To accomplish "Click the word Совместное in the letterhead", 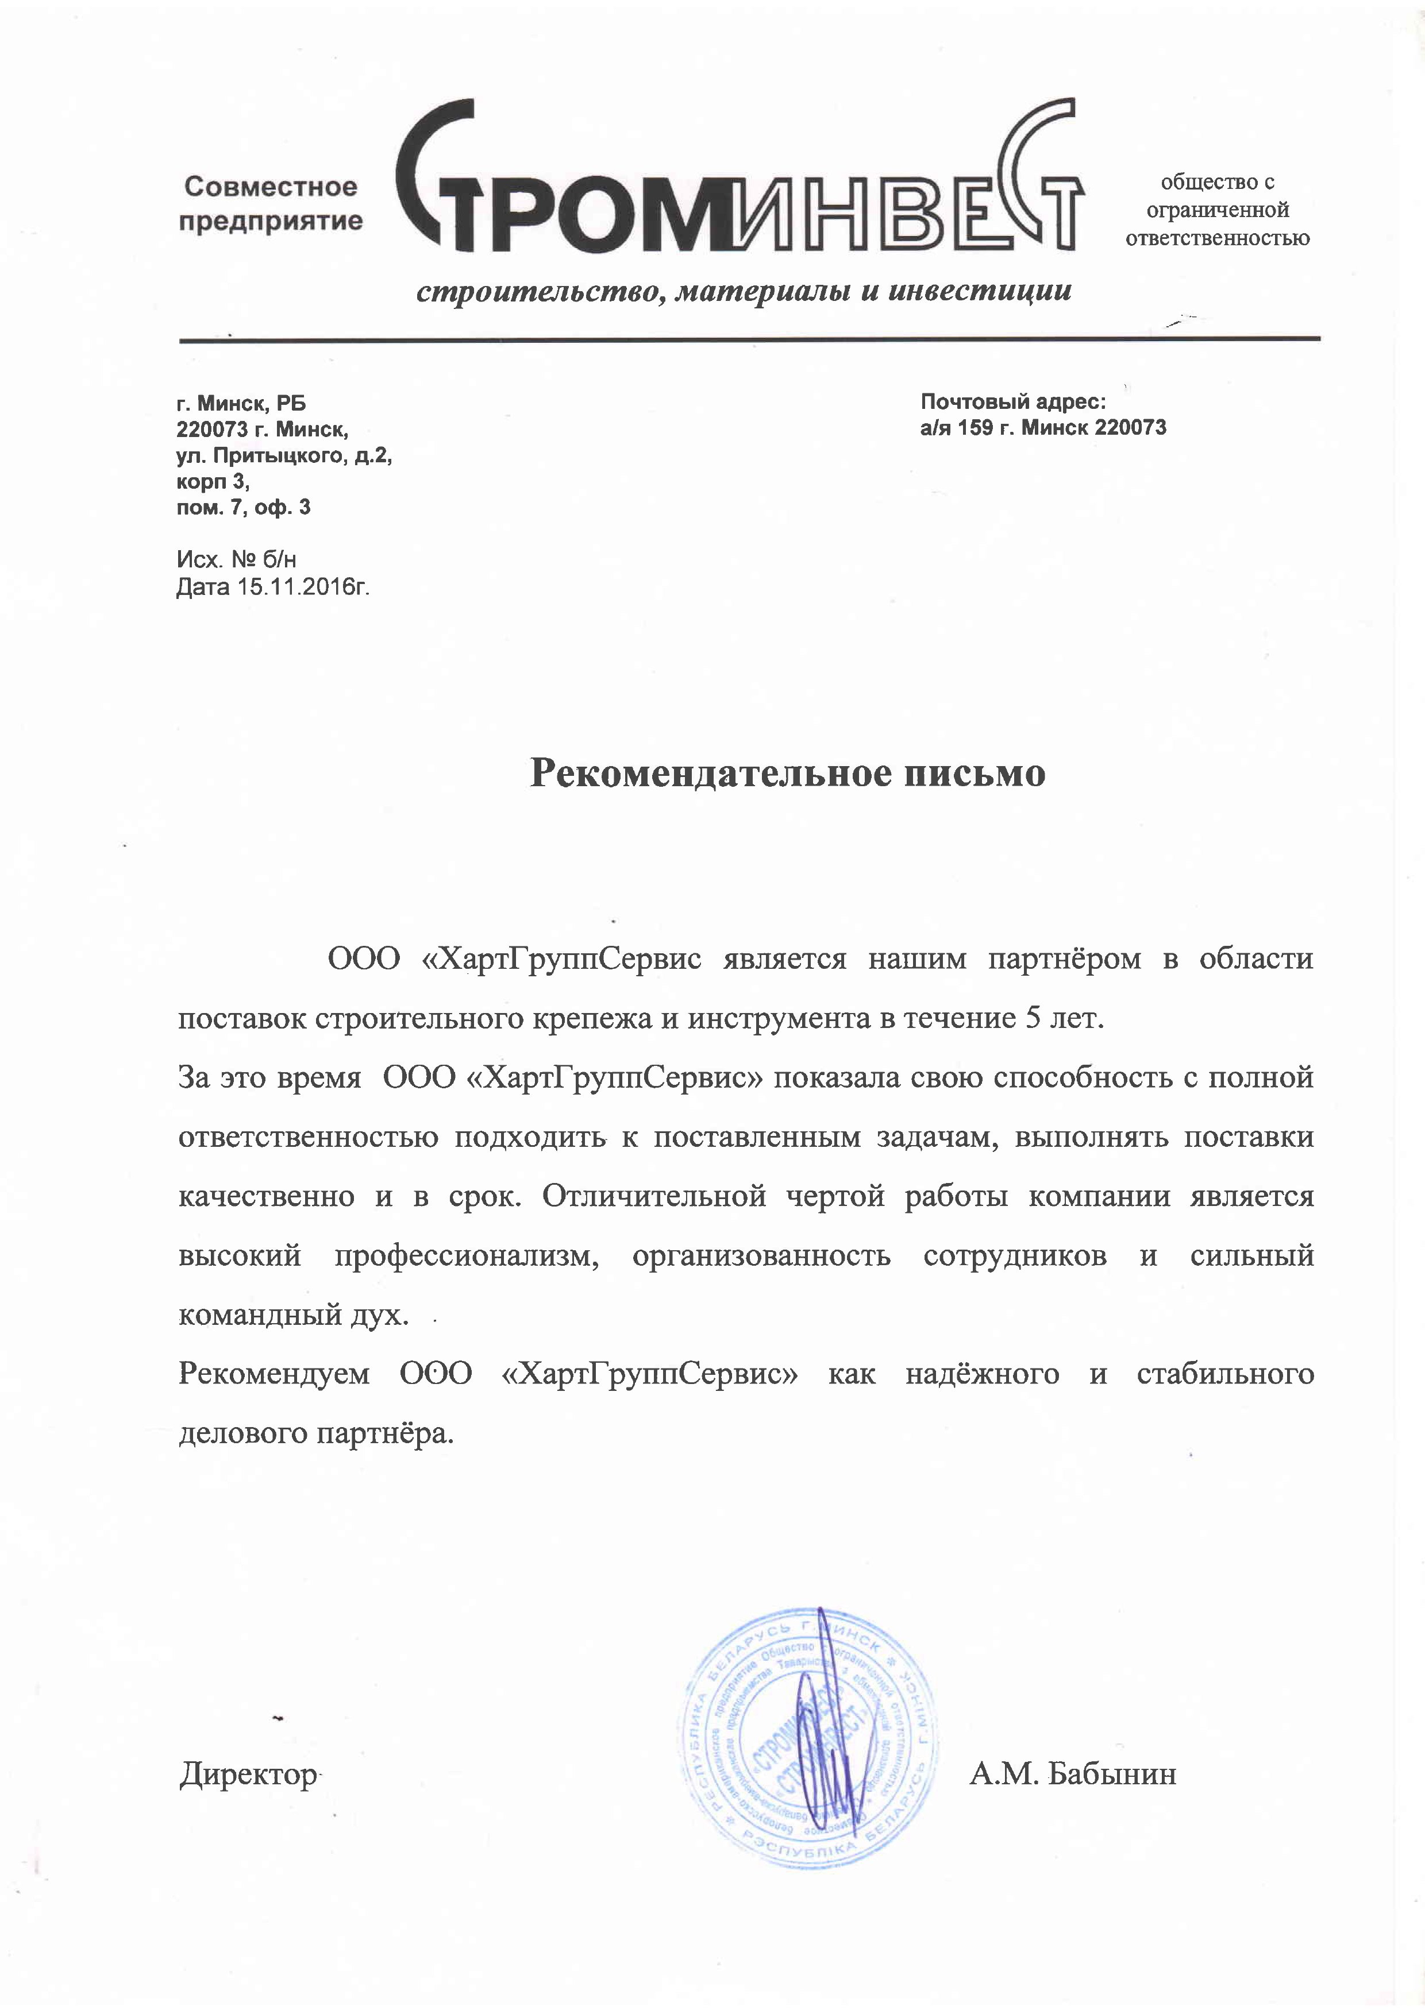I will click(x=271, y=187).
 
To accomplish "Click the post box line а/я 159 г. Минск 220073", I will click(x=1043, y=428).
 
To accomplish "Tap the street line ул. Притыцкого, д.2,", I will click(x=283, y=455).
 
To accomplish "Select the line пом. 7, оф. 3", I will click(x=243, y=507).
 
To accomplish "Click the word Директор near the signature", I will click(x=248, y=1775).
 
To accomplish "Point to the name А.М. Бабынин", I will click(x=1072, y=1775).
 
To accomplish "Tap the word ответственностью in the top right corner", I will click(x=1217, y=238).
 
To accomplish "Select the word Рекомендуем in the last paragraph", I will click(x=274, y=1374).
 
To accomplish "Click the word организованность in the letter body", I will click(x=761, y=1256).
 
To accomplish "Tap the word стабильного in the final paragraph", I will click(x=1225, y=1374).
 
